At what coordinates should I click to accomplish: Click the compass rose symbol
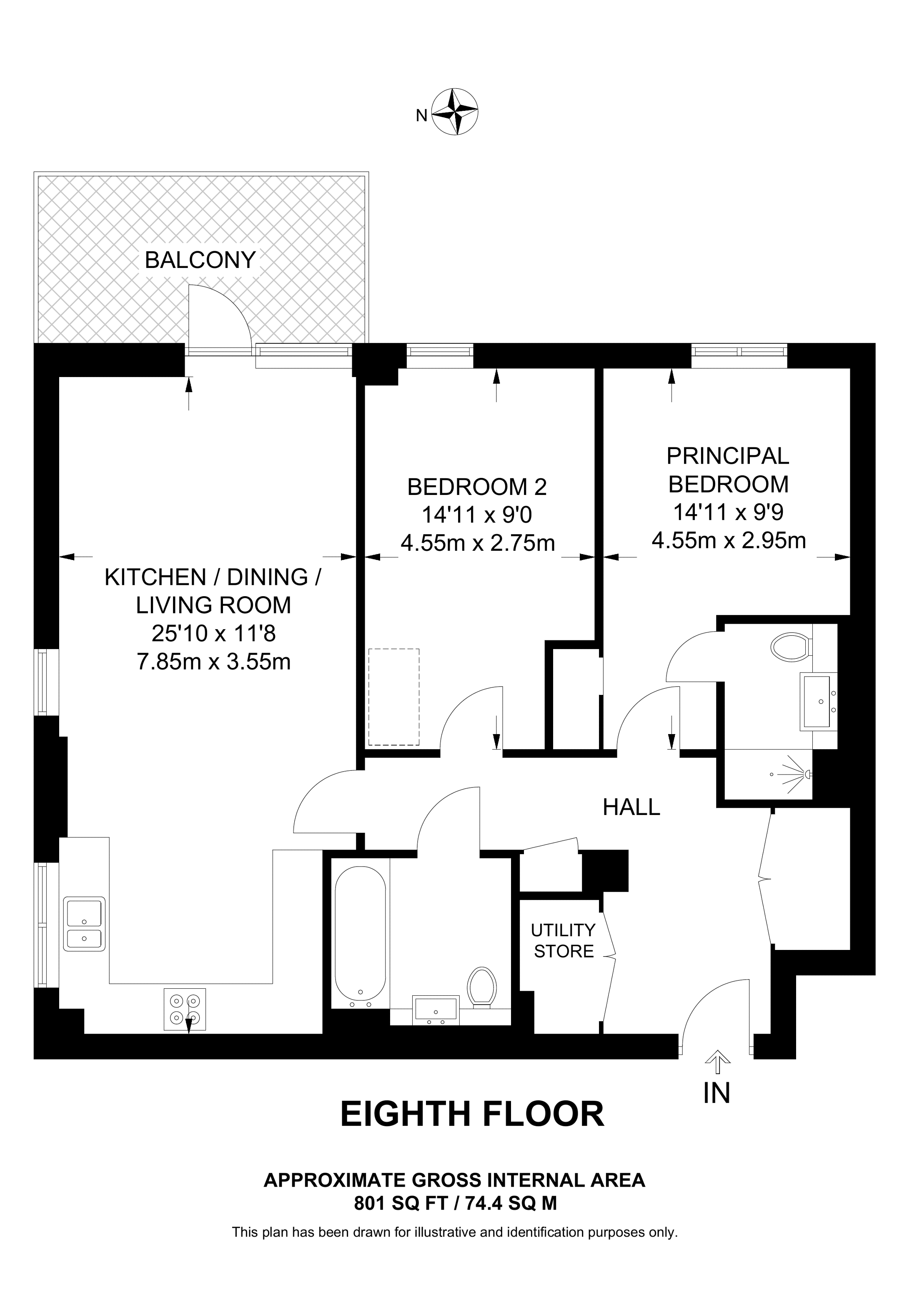click(x=455, y=111)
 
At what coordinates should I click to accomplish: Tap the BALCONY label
click(x=200, y=260)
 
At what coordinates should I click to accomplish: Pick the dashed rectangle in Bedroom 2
click(x=394, y=697)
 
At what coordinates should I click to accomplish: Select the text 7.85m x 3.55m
click(x=213, y=662)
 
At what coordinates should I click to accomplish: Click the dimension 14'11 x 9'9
click(x=728, y=513)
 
